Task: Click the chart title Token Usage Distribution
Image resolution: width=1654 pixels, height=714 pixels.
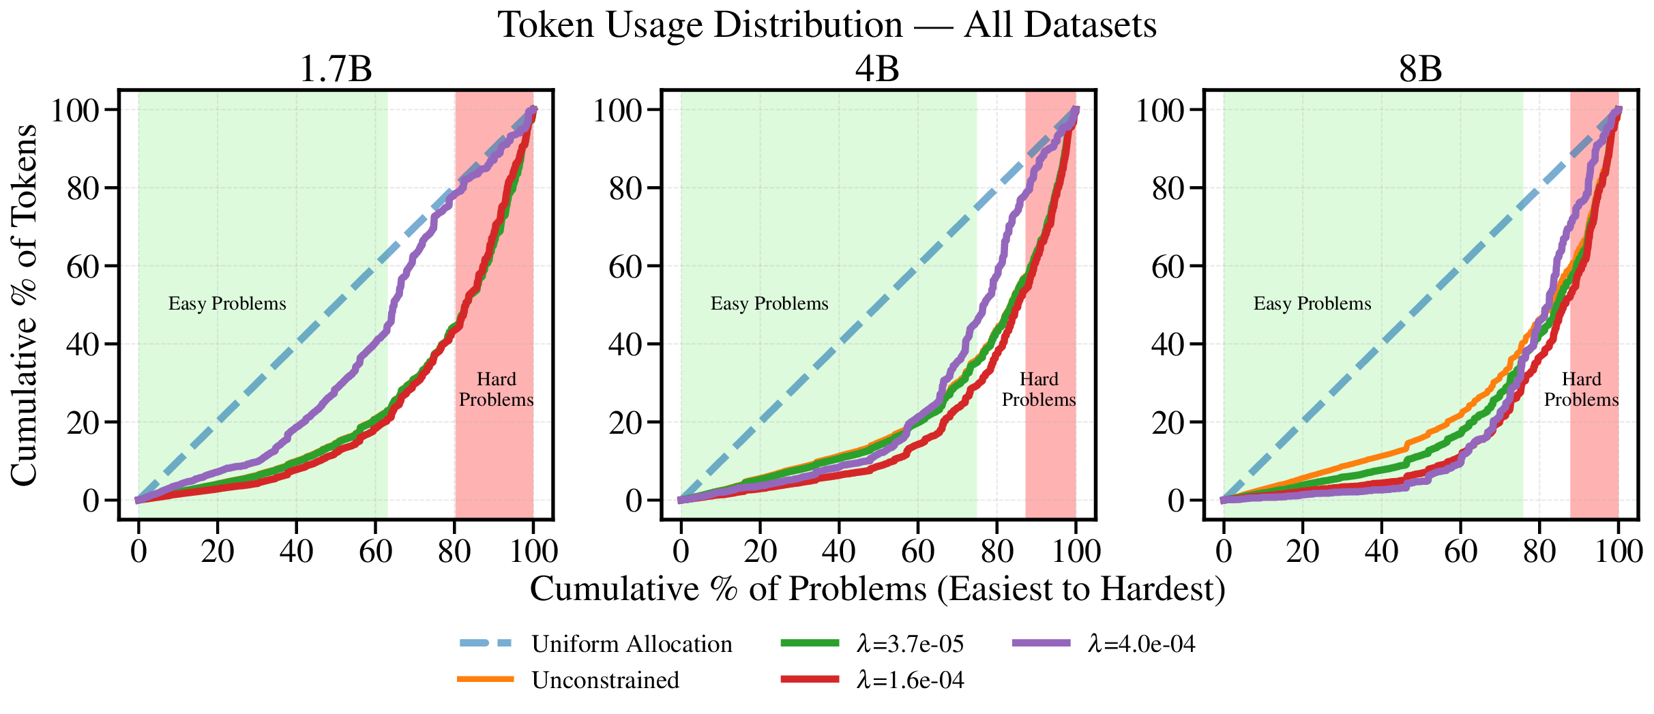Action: (827, 26)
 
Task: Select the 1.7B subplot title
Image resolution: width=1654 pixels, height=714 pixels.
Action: (336, 70)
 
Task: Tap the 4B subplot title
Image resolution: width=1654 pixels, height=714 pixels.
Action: (877, 70)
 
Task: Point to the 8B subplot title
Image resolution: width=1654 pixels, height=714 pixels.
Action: (1420, 70)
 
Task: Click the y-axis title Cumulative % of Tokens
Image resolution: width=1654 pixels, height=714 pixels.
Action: (25, 305)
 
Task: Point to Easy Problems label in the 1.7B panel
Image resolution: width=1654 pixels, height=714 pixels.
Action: (227, 304)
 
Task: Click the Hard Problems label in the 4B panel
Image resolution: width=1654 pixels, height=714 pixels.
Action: (1038, 389)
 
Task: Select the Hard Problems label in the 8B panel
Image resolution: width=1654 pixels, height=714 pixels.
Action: (1581, 389)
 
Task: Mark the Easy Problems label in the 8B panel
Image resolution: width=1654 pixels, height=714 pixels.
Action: (1312, 304)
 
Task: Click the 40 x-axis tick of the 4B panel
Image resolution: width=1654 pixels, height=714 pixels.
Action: (839, 551)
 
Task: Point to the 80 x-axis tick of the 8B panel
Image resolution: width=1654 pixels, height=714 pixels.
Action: (1539, 551)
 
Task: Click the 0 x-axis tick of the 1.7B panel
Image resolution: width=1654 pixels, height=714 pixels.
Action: (138, 551)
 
